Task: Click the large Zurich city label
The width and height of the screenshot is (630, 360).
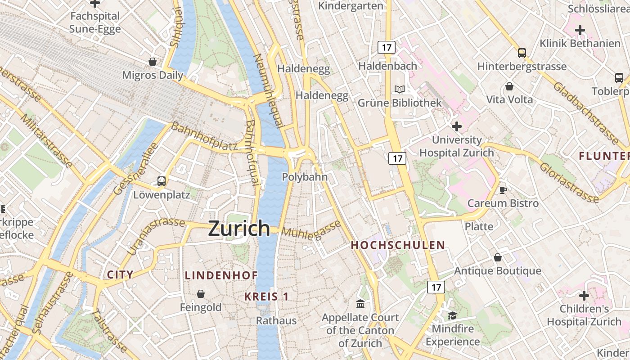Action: (x=239, y=229)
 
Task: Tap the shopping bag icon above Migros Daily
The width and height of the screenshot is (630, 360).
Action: (x=153, y=62)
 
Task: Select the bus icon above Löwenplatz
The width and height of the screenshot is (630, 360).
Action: (x=162, y=181)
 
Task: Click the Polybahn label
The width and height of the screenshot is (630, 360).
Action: (x=305, y=177)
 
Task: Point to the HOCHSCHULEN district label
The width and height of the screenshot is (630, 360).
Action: (x=398, y=245)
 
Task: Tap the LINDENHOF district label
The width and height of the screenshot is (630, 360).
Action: (x=221, y=275)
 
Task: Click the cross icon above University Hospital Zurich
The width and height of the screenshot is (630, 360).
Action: (x=457, y=126)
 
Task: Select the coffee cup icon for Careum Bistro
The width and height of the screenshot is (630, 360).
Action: (x=503, y=190)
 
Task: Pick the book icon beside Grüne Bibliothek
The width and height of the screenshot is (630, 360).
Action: (x=400, y=90)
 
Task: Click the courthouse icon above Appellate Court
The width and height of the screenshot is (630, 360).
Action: (x=360, y=304)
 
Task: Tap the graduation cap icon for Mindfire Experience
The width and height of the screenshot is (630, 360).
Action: (x=452, y=315)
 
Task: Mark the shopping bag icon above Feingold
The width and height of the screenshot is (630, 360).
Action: (x=201, y=294)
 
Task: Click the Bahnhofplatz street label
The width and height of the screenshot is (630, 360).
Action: (x=204, y=136)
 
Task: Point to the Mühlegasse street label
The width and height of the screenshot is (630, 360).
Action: (x=311, y=230)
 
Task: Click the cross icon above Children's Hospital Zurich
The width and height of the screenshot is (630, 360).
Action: (x=584, y=296)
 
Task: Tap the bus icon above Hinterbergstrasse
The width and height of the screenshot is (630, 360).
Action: (x=522, y=53)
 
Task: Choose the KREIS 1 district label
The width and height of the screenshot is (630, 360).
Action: (x=266, y=297)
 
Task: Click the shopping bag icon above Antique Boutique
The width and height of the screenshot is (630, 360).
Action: (x=498, y=257)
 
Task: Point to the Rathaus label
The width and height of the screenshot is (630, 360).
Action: (x=276, y=320)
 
